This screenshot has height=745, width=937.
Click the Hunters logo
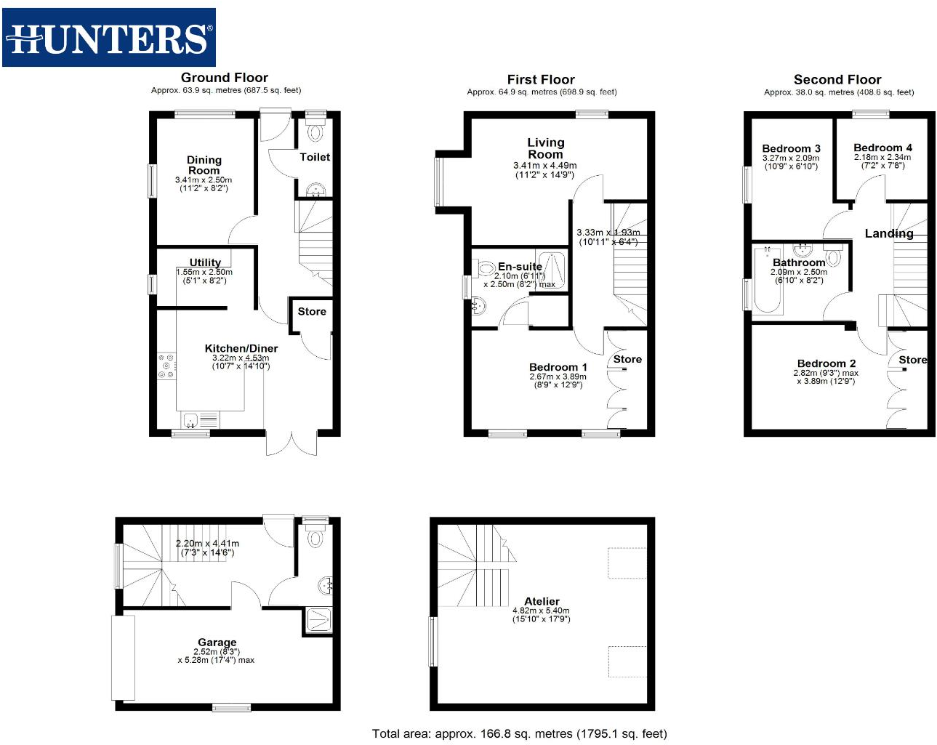(x=109, y=38)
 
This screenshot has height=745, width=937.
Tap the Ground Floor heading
(x=225, y=78)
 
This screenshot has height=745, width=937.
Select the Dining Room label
(x=204, y=165)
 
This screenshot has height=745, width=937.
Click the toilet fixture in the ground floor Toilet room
(x=315, y=132)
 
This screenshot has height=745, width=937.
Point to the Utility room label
(x=205, y=262)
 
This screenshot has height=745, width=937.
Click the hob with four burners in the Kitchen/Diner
(x=166, y=366)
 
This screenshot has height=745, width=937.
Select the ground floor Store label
(x=312, y=312)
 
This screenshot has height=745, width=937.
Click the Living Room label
(x=545, y=148)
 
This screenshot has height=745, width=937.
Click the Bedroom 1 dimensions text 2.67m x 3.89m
(x=558, y=376)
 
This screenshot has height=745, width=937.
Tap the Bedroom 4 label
(x=882, y=148)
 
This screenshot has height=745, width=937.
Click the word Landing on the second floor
(x=888, y=233)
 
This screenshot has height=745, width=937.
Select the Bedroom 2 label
(x=827, y=363)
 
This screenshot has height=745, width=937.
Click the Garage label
(x=217, y=643)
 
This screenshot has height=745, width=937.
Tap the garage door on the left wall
(x=123, y=658)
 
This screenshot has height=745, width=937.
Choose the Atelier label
(x=542, y=602)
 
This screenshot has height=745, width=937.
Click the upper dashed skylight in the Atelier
(x=627, y=563)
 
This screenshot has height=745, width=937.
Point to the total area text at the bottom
(x=519, y=733)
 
